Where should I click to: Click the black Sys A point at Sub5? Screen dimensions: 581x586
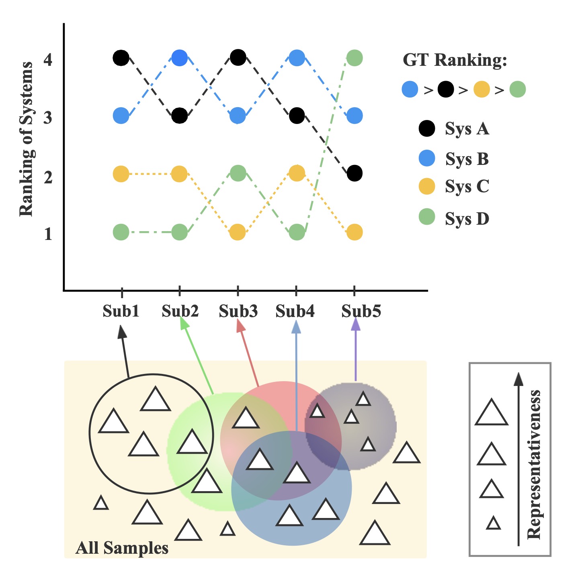pyautogui.click(x=354, y=173)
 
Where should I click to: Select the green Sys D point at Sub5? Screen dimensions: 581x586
pyautogui.click(x=354, y=58)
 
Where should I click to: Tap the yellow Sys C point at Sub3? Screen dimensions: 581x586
pyautogui.click(x=238, y=232)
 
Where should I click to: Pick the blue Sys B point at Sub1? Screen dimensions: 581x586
pyautogui.click(x=121, y=116)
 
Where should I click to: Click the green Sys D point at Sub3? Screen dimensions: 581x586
pyautogui.click(x=238, y=173)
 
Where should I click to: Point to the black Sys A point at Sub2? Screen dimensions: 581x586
pyautogui.click(x=179, y=116)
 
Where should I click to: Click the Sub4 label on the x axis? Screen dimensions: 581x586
pyautogui.click(x=295, y=311)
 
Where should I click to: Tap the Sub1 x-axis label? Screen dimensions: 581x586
pyautogui.click(x=121, y=311)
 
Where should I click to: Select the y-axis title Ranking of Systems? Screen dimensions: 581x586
pyautogui.click(x=27, y=139)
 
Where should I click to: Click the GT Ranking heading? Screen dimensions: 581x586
pyautogui.click(x=455, y=60)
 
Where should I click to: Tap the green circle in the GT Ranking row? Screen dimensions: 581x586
pyautogui.click(x=518, y=89)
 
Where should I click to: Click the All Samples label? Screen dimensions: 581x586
pyautogui.click(x=122, y=548)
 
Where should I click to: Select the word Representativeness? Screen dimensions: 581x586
pyautogui.click(x=534, y=464)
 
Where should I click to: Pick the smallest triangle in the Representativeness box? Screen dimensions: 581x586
pyautogui.click(x=493, y=524)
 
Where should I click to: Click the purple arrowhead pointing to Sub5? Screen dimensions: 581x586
pyautogui.click(x=356, y=324)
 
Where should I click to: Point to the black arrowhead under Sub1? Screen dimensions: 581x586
pyautogui.click(x=122, y=332)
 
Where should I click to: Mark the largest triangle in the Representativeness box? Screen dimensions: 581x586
pyautogui.click(x=492, y=414)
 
